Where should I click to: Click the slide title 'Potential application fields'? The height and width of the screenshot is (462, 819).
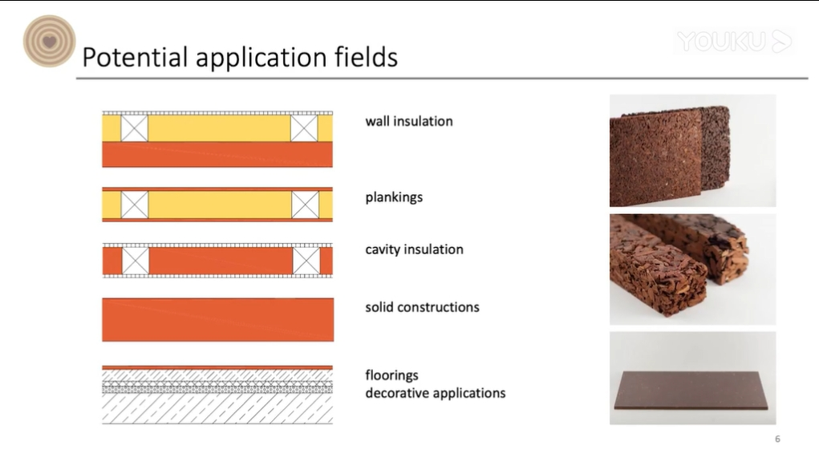tap(240, 57)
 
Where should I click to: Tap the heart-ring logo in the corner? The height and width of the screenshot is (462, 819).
tap(49, 41)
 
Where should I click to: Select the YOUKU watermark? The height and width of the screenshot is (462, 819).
tap(735, 41)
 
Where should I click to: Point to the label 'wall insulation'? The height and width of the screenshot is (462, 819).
tap(409, 121)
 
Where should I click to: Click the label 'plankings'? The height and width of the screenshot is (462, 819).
tap(394, 197)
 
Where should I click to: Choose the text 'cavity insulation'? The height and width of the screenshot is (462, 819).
tap(414, 249)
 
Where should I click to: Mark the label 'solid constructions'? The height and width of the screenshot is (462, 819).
tap(422, 307)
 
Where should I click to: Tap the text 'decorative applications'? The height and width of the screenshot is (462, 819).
tap(435, 392)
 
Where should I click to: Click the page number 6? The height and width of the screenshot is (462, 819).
tap(777, 439)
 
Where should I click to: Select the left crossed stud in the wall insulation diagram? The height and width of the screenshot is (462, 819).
tap(134, 128)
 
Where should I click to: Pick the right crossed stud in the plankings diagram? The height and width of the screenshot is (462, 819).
tap(305, 205)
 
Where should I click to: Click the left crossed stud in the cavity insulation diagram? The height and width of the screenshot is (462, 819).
tap(136, 261)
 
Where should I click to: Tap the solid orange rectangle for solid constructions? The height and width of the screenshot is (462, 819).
tap(218, 319)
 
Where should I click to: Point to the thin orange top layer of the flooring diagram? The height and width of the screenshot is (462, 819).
tap(217, 367)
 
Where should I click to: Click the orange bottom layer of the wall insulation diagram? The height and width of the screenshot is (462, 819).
tap(217, 155)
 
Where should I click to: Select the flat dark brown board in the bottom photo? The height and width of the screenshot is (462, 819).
tap(691, 391)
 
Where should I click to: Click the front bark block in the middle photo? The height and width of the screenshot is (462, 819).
tap(658, 266)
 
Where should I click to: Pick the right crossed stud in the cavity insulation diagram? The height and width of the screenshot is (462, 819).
tap(306, 261)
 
